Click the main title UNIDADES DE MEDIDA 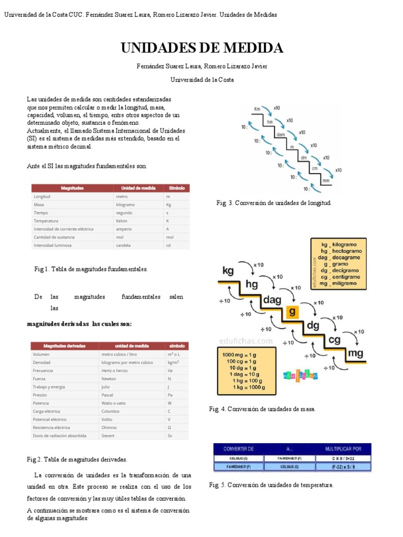201,48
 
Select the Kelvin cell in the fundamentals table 122,221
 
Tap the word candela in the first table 123,245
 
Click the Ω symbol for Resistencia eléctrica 169,427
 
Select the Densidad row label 41,362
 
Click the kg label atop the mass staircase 228,271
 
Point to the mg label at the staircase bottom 355,353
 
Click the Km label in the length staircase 257,109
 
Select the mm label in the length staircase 325,181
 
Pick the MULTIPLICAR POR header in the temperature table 343,449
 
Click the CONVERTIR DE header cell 239,449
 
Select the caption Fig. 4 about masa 262,409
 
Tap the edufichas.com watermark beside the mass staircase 247,341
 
